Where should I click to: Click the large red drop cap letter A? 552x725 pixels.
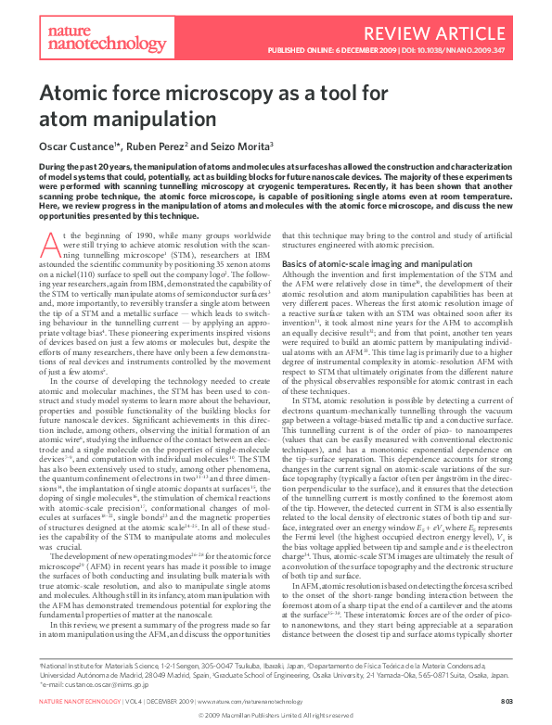click(49, 244)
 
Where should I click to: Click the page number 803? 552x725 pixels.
click(506, 703)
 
